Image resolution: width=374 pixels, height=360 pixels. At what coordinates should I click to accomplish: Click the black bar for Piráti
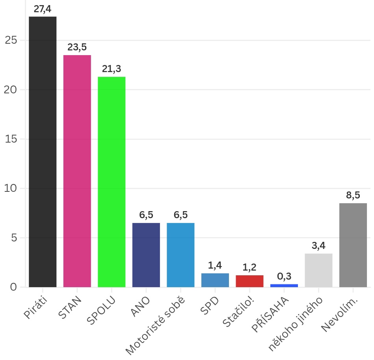point(43,152)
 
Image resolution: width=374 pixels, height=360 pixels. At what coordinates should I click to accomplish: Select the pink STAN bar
point(77,171)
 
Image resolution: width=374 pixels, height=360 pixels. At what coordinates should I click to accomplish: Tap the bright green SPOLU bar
point(112,182)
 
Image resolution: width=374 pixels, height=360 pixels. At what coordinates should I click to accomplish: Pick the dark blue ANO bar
point(146,255)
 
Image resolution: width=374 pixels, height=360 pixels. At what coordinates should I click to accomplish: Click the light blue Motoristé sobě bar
point(180,255)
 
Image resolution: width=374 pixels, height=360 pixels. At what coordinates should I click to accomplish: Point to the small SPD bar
point(215,280)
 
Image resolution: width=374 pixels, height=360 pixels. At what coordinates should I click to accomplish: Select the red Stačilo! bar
point(249,281)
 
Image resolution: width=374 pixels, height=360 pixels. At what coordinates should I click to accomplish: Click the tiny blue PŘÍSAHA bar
point(284,285)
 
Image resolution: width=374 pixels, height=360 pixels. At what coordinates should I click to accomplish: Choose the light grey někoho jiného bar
point(318,270)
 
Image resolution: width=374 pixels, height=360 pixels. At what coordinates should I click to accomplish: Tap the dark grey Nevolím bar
point(353,245)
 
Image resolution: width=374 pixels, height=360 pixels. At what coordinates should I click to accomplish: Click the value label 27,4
point(43,9)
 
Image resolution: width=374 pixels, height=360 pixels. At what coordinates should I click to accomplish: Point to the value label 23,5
point(77,48)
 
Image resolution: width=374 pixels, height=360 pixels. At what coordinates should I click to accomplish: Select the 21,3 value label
point(112,69)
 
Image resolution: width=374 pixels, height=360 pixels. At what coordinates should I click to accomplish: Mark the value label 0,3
point(284,276)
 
